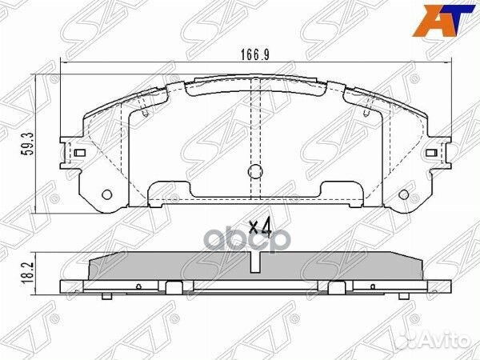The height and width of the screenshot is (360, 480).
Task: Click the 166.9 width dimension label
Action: pyautogui.click(x=254, y=57)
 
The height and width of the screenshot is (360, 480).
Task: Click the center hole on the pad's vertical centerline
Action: pyautogui.click(x=254, y=171)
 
